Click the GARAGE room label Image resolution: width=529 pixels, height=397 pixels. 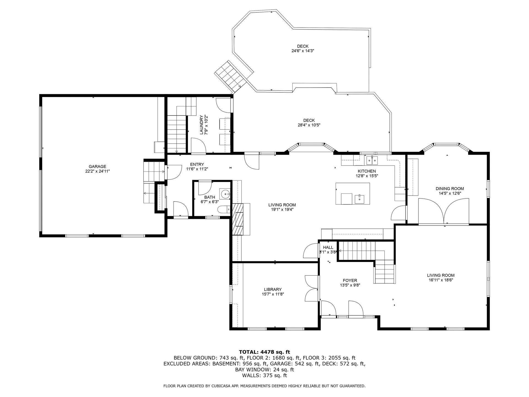click(x=97, y=167)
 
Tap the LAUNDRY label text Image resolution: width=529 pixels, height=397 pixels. click(x=201, y=125)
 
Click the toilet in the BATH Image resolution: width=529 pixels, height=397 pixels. click(x=223, y=210)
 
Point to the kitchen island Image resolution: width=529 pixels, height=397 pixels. click(x=353, y=193)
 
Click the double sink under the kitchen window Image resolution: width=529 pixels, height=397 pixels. click(x=372, y=160)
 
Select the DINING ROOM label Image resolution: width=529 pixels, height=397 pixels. click(x=450, y=189)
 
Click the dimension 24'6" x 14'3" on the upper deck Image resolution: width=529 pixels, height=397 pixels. click(x=303, y=51)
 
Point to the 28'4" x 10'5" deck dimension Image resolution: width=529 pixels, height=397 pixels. click(x=309, y=125)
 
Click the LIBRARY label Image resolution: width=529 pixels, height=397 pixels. click(x=273, y=289)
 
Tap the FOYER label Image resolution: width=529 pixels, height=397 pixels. click(x=350, y=280)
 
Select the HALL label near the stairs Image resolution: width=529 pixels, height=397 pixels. click(x=328, y=247)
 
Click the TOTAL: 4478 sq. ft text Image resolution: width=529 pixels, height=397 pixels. click(x=264, y=352)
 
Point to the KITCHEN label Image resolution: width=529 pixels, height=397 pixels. click(x=367, y=171)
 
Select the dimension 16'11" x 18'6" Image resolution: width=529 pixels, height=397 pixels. click(x=441, y=280)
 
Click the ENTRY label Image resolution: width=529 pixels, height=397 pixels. click(x=197, y=164)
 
